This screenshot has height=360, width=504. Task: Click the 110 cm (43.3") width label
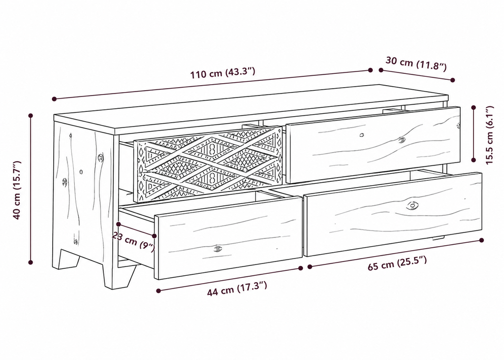click(222, 73)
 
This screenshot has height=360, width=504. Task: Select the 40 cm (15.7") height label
click(17, 190)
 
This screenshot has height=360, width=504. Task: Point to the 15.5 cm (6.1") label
click(489, 135)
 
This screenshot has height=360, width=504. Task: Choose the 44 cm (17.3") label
click(237, 289)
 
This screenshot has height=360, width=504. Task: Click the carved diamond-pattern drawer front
click(209, 164)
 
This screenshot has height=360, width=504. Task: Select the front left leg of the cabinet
click(118, 275)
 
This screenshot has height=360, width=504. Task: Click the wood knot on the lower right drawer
click(412, 205)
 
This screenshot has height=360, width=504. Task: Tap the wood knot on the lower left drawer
click(218, 249)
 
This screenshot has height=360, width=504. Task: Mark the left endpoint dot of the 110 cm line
click(54, 99)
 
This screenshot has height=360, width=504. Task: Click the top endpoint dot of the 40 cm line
click(31, 115)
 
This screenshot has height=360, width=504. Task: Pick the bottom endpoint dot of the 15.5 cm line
click(473, 160)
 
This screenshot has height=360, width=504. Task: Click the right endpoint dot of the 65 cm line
click(481, 240)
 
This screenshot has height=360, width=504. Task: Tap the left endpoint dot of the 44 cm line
click(158, 291)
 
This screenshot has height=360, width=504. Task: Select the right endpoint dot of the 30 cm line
click(453, 80)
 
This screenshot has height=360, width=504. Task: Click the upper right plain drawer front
click(373, 145)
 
